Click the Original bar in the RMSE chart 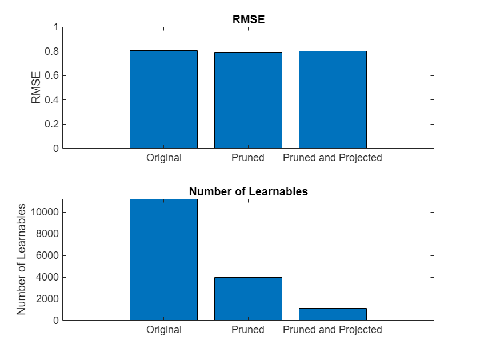pyautogui.click(x=163, y=99)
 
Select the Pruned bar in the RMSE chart pyautogui.click(x=248, y=100)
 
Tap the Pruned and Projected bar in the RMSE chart pyautogui.click(x=333, y=99)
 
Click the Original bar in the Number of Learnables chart pyautogui.click(x=163, y=260)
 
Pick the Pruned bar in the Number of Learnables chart pyautogui.click(x=248, y=299)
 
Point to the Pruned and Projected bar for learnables pyautogui.click(x=333, y=314)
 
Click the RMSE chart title pyautogui.click(x=249, y=19)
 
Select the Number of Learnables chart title pyautogui.click(x=249, y=191)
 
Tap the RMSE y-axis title pyautogui.click(x=37, y=87)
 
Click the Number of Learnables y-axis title pyautogui.click(x=22, y=259)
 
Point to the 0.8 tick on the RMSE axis pyautogui.click(x=51, y=51)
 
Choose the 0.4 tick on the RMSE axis pyautogui.click(x=51, y=100)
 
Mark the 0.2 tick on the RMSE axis pyautogui.click(x=51, y=124)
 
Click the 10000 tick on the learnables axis pyautogui.click(x=45, y=213)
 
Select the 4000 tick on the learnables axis pyautogui.click(x=47, y=278)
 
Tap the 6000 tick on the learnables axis pyautogui.click(x=47, y=256)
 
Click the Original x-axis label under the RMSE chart pyautogui.click(x=163, y=158)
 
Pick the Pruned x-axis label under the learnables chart pyautogui.click(x=248, y=330)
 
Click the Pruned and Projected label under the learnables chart pyautogui.click(x=333, y=330)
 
